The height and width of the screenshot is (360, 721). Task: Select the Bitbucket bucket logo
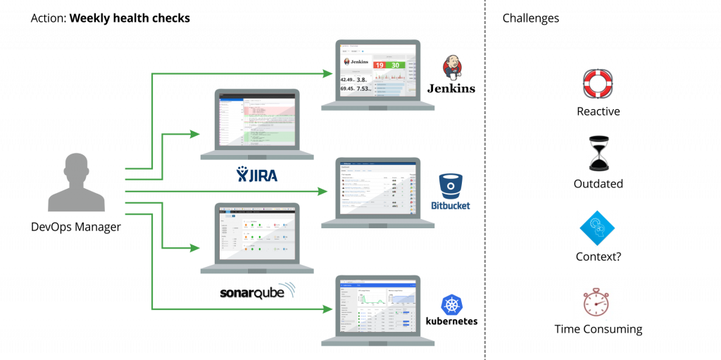coord(450,186)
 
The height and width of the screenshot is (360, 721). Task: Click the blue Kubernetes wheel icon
coord(451,305)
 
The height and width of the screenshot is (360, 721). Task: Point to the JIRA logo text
coord(258,174)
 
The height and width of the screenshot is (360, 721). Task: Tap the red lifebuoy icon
coord(598,84)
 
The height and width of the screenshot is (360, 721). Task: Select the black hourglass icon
coord(598,154)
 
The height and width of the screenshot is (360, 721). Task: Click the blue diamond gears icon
coord(598,228)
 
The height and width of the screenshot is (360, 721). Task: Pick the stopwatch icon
coord(598,301)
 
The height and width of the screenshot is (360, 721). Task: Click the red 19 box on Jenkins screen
coord(379,65)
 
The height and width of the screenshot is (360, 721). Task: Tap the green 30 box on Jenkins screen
coord(396,65)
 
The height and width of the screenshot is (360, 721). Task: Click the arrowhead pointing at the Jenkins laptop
coord(328,73)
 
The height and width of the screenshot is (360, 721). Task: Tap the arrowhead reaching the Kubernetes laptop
coord(328,309)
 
